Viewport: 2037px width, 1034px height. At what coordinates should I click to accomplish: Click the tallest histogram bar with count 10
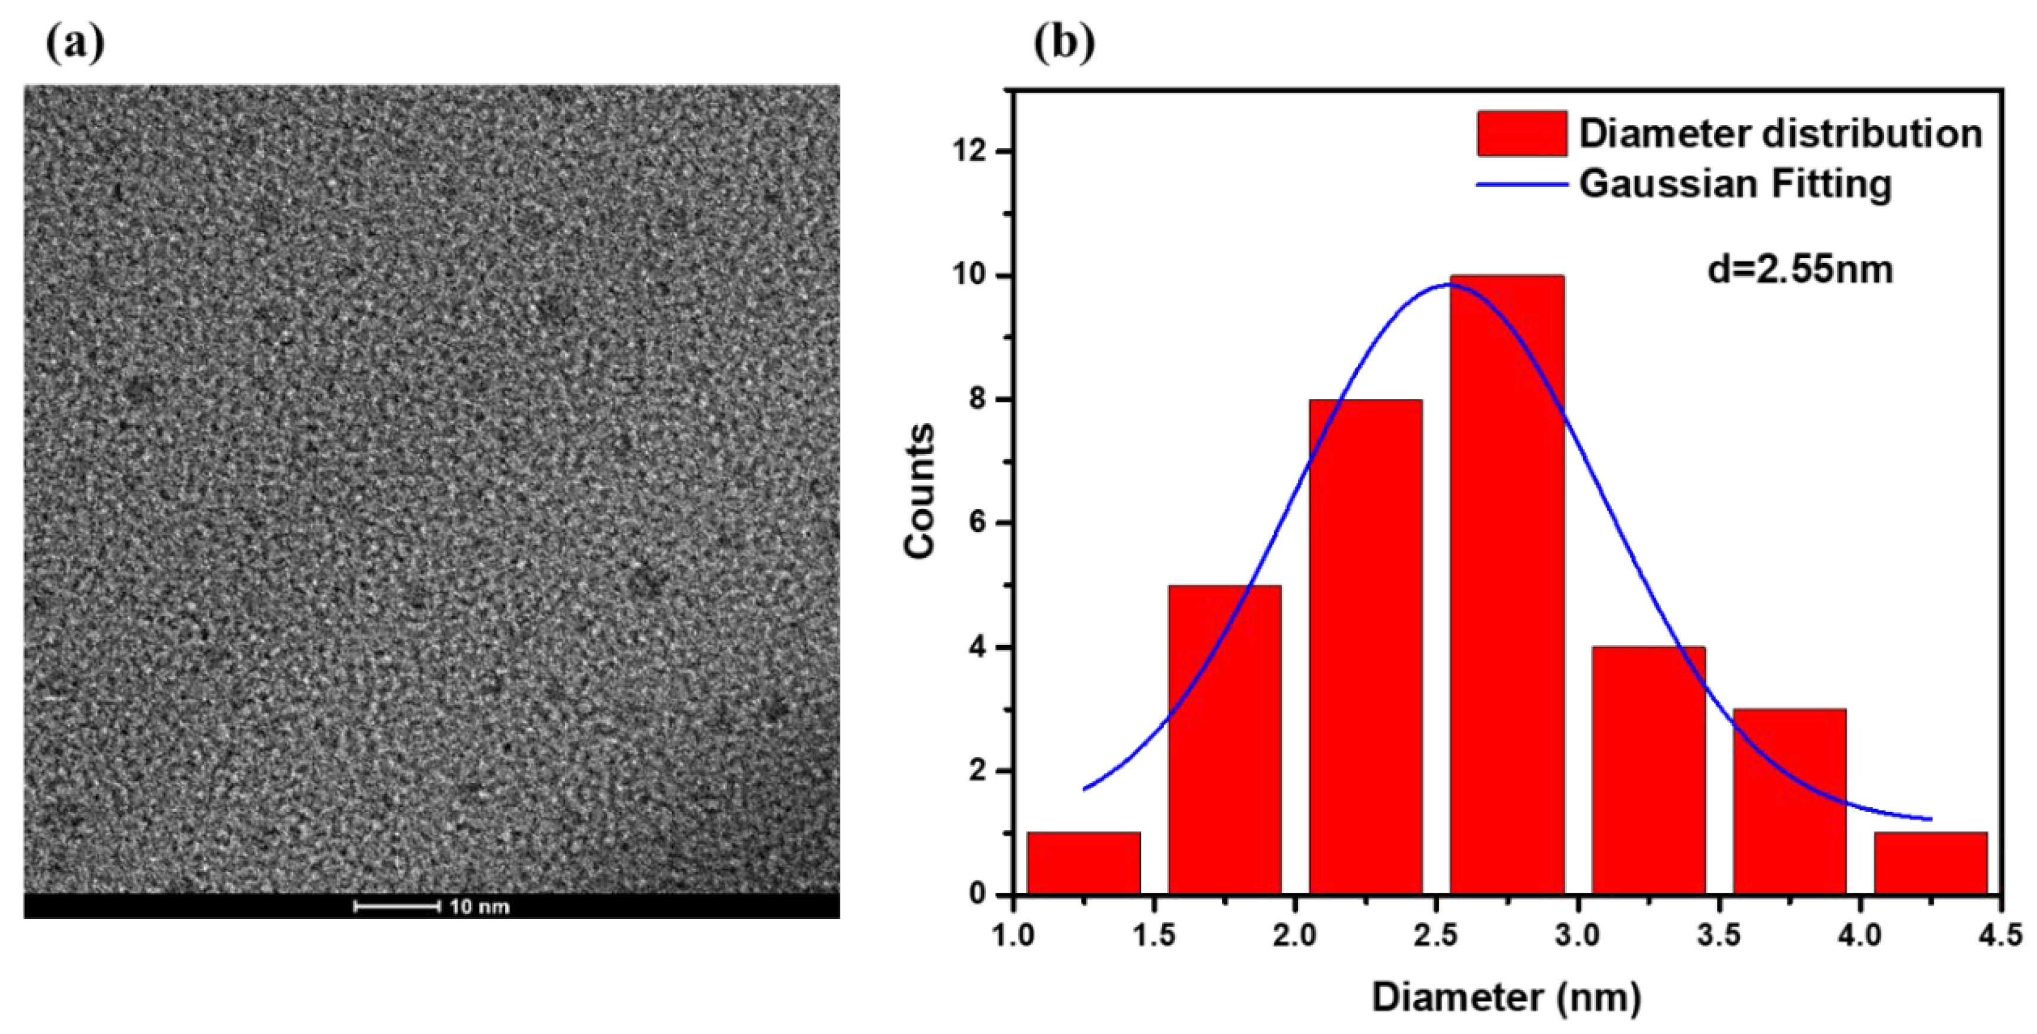tap(1507, 585)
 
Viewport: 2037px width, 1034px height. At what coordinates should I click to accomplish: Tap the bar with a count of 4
tap(1649, 771)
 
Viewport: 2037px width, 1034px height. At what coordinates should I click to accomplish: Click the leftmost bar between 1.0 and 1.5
tap(1083, 862)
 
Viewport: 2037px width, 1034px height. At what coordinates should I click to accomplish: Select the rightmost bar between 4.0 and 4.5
tap(1930, 862)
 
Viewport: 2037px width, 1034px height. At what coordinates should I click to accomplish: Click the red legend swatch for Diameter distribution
tap(1521, 134)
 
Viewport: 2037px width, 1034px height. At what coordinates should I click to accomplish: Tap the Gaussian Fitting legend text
tap(1735, 184)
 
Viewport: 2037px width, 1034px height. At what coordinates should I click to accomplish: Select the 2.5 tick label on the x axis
tap(1437, 935)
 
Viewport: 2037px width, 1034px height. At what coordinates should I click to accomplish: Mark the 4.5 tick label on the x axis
tap(2001, 935)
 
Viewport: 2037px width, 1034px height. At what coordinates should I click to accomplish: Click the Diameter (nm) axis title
tap(1506, 997)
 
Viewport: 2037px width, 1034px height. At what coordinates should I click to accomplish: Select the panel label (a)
tap(74, 45)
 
